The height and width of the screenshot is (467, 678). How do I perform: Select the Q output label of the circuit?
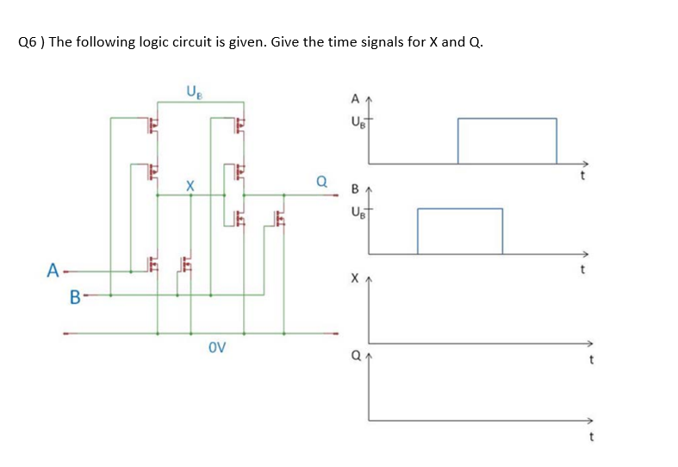tap(321, 183)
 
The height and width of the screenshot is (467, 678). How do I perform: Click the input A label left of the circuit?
tap(53, 271)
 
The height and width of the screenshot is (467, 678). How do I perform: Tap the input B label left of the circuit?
tap(74, 298)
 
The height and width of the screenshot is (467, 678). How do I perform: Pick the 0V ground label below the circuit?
tap(217, 348)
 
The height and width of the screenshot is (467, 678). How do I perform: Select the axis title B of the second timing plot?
tap(354, 189)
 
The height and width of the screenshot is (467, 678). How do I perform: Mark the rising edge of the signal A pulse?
tap(457, 140)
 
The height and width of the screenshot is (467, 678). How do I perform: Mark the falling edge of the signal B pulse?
tap(502, 231)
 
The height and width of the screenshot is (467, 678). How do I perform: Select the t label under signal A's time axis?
tap(583, 177)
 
